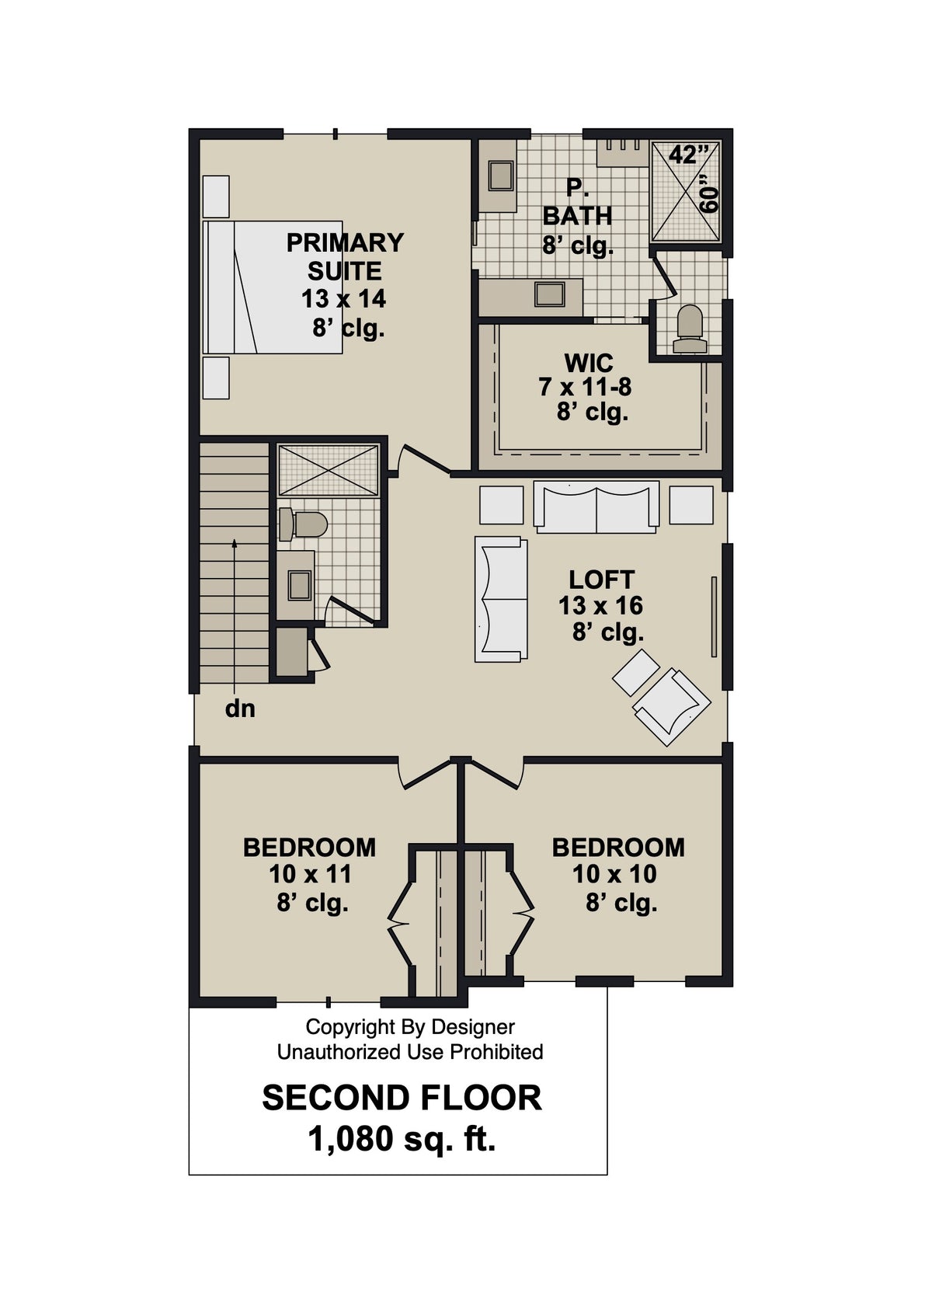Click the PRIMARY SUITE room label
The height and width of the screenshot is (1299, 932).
tap(345, 256)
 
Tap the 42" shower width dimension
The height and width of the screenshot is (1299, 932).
tap(683, 155)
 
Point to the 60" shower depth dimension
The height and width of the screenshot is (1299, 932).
tap(708, 198)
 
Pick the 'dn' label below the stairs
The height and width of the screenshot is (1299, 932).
tap(240, 709)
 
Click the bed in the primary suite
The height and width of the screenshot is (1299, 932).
tap(272, 287)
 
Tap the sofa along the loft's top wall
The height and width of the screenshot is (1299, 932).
tap(596, 507)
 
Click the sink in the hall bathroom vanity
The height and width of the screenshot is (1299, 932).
tap(299, 585)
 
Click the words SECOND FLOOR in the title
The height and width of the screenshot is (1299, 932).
tap(402, 1098)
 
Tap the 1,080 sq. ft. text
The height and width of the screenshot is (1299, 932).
tap(402, 1140)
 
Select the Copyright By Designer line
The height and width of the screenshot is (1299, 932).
tap(409, 1027)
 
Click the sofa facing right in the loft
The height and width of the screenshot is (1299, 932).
tap(501, 599)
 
